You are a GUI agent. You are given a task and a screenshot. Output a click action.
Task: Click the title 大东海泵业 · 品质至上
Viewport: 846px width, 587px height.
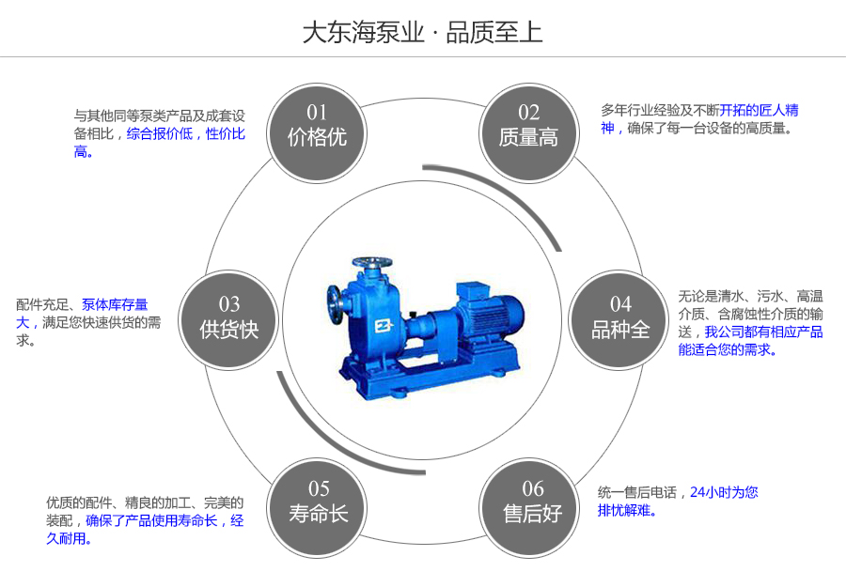coord(422,33)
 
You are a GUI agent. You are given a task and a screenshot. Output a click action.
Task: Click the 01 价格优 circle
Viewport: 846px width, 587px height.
coord(317,126)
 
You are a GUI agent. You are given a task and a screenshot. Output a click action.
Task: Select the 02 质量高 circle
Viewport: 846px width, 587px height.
coord(528,126)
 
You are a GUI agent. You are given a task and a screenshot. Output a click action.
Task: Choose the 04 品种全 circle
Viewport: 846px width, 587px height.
coord(620,317)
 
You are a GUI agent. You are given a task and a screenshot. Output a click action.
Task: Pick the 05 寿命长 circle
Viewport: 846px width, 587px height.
coord(318,502)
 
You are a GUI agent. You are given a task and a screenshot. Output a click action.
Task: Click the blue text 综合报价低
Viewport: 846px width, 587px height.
coord(160,134)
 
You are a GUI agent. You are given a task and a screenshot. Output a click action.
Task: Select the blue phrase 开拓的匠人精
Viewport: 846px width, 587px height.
coord(760,111)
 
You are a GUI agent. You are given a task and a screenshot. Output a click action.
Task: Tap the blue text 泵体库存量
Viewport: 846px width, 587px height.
coord(115,305)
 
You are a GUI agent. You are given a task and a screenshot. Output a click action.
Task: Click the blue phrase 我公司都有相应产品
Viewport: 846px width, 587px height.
coord(763,332)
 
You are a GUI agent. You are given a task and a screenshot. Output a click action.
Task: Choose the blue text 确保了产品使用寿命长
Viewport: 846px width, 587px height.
coord(152,521)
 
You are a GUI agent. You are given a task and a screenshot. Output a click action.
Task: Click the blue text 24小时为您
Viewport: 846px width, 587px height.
coord(724,492)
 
